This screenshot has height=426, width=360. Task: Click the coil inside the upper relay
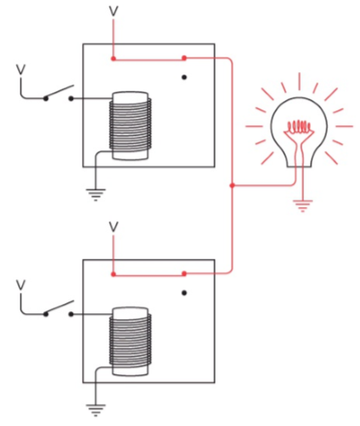point(130,126)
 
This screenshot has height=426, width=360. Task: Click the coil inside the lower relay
point(130,342)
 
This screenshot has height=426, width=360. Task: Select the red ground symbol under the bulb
point(303,206)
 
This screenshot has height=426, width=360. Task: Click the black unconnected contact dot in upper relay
point(184,77)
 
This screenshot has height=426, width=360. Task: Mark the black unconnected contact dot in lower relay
point(184,293)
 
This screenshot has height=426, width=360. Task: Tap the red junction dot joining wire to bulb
point(232,186)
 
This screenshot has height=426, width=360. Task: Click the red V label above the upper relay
point(114,12)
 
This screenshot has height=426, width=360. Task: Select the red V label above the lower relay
point(114,227)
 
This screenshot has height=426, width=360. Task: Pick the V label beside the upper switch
point(20,70)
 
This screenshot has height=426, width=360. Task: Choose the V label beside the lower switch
point(20,285)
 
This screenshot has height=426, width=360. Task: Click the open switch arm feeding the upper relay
point(59,92)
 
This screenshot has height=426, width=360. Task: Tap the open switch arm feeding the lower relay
point(59,307)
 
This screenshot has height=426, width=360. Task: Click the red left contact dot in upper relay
point(113,59)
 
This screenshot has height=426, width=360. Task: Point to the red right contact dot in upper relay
point(184,59)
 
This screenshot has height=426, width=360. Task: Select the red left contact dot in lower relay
point(113,274)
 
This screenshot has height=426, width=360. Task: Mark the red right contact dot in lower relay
point(184,274)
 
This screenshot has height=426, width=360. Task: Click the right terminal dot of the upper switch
point(71,98)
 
